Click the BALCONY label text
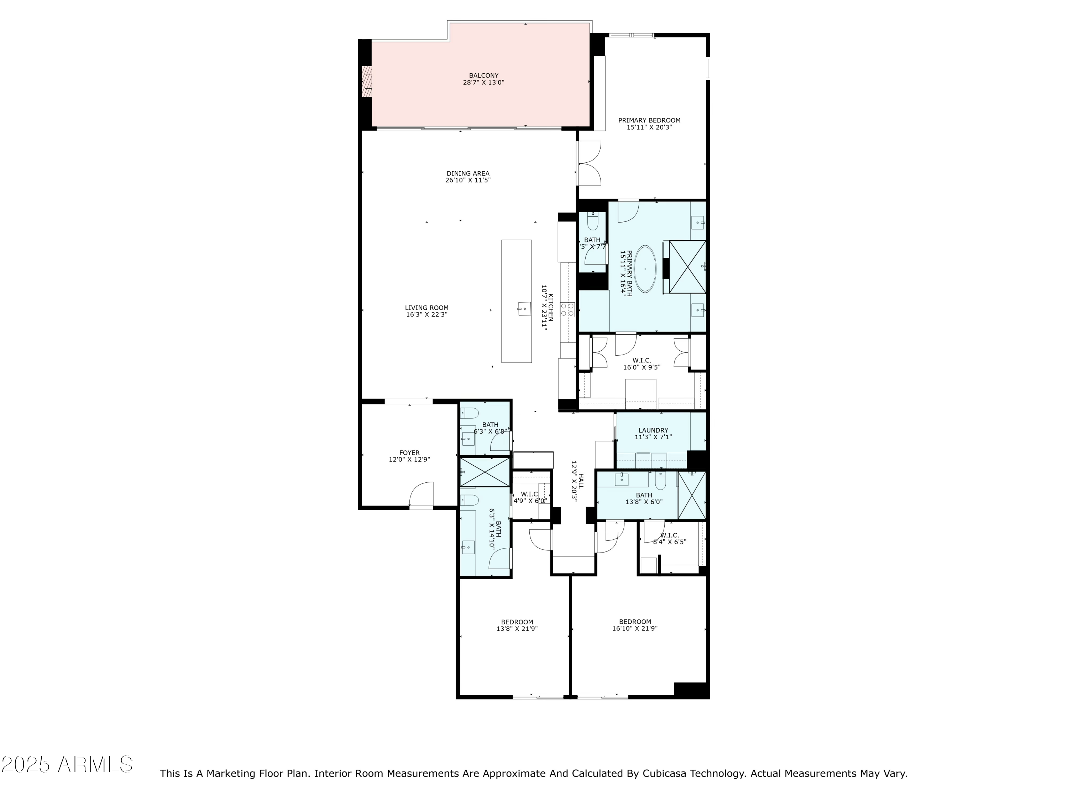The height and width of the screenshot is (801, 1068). coord(483,76)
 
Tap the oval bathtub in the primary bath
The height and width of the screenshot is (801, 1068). coord(645,269)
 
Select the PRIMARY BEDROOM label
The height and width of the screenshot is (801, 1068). coord(649,121)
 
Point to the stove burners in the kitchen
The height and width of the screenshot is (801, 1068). coord(567,309)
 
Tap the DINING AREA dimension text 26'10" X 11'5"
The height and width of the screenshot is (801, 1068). coord(467,180)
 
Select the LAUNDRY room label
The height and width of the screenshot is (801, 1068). coord(653,430)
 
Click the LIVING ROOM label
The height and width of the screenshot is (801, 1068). coord(426,308)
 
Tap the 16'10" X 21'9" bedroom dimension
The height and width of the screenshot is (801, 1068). coord(634,629)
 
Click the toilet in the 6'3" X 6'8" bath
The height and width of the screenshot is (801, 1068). coord(469,413)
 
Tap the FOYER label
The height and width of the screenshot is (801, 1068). coord(409,453)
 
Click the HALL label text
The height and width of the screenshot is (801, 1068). coord(581,481)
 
